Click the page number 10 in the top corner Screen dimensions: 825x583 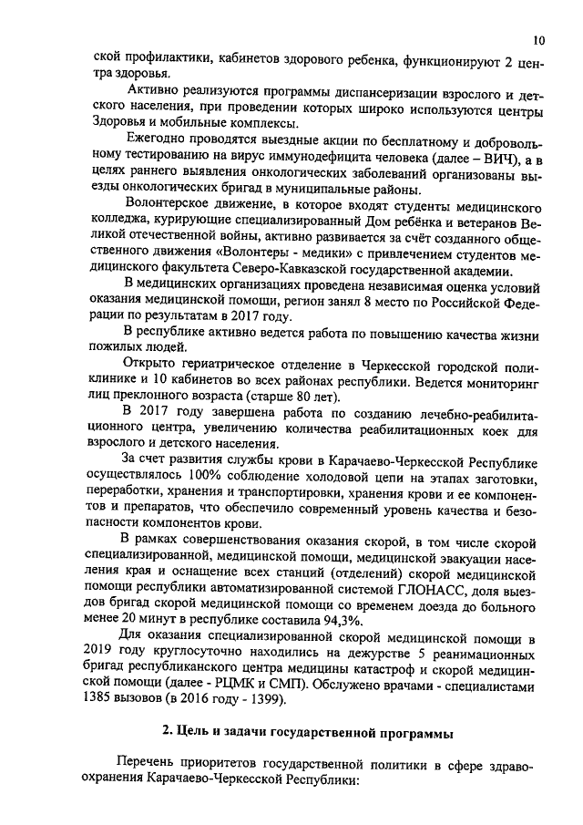[x=538, y=41]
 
